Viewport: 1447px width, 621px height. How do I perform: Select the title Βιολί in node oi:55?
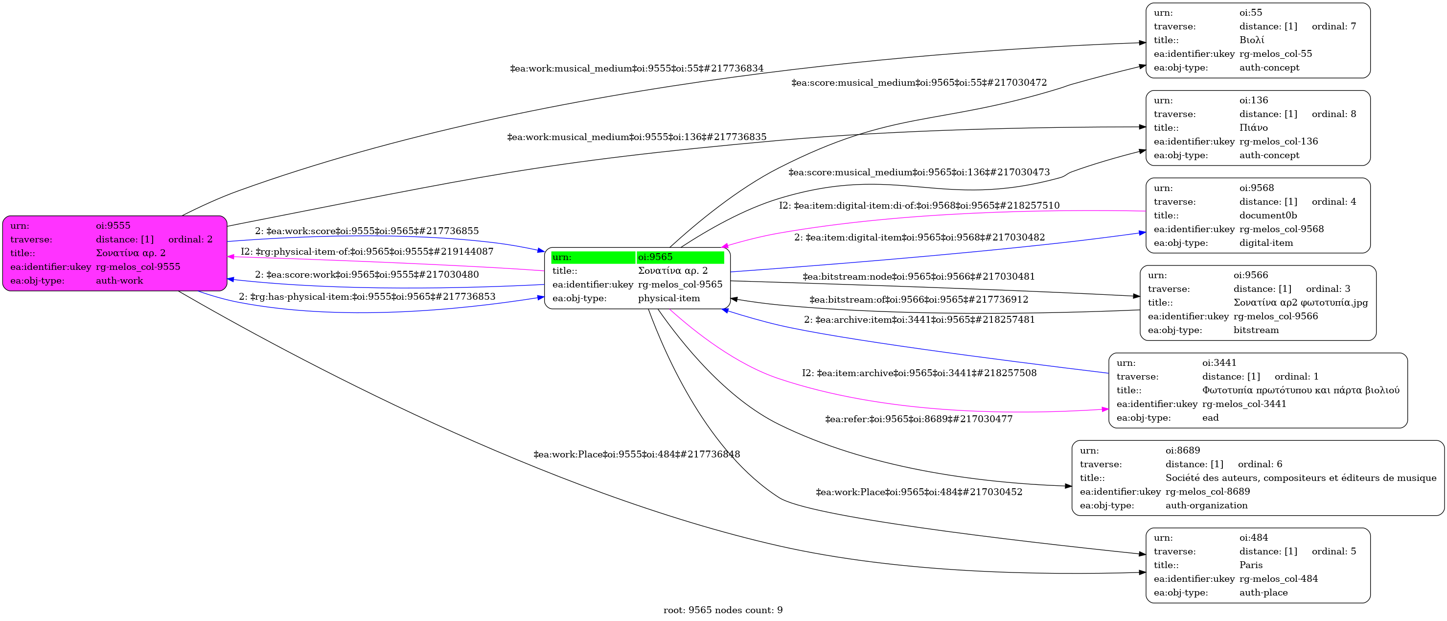[x=1252, y=40]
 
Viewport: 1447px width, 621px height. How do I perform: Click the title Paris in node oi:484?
[x=1251, y=565]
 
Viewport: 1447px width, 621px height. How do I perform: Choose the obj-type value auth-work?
[x=119, y=281]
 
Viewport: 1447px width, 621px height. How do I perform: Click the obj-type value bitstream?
[x=1256, y=330]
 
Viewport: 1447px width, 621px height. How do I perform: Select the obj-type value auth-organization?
[x=1207, y=505]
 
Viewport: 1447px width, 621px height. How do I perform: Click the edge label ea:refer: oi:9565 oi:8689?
[x=919, y=419]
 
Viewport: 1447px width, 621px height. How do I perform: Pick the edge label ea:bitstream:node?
[x=919, y=277]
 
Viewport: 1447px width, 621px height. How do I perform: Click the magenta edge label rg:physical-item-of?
[x=367, y=251]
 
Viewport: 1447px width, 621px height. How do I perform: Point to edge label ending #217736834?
[x=637, y=69]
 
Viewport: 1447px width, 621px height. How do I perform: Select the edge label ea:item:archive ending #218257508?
[x=919, y=373]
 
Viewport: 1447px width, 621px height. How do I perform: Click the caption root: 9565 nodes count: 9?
[x=723, y=610]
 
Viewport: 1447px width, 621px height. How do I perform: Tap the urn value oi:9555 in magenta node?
[x=113, y=225]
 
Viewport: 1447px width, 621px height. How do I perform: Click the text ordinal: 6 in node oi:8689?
[x=1260, y=464]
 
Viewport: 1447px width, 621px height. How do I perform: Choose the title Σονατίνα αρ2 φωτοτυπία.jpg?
[x=1300, y=302]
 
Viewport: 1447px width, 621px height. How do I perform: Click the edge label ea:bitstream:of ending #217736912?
[x=919, y=300]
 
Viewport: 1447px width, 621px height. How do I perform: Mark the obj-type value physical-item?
[x=669, y=298]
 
